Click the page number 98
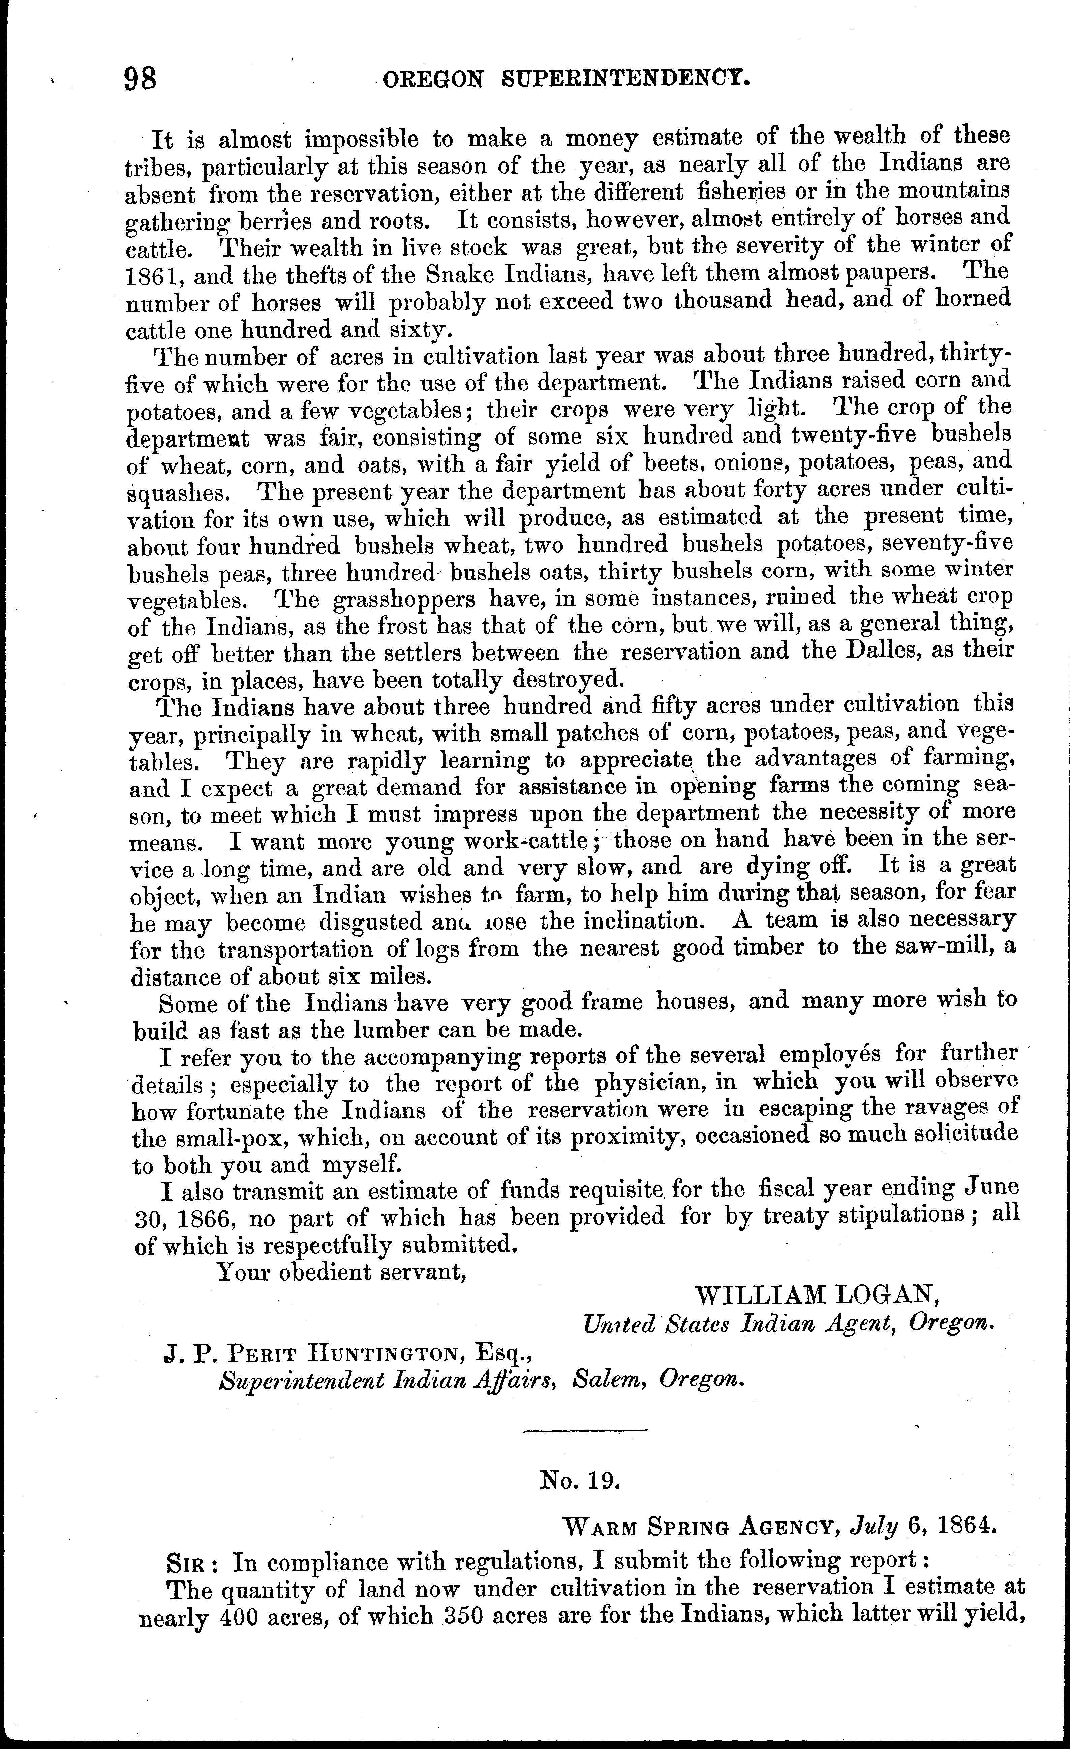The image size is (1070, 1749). [x=141, y=78]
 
